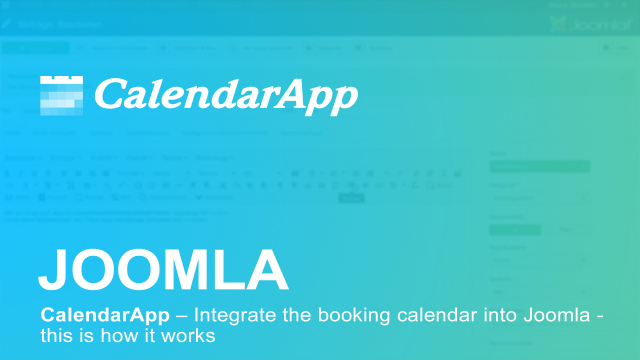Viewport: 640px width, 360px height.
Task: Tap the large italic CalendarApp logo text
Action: click(x=225, y=96)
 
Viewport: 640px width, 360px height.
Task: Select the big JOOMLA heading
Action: click(x=163, y=269)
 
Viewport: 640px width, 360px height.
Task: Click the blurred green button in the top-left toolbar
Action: click(x=35, y=47)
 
